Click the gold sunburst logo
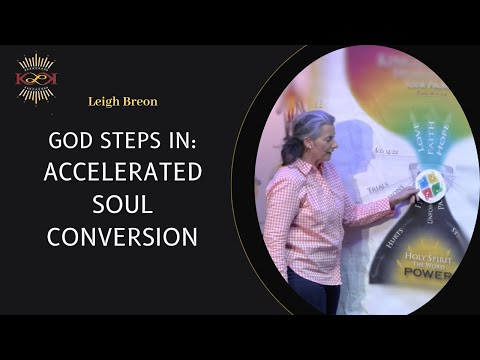tap(36, 78)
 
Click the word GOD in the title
tap(75, 142)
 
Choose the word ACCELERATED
tap(123, 172)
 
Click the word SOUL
tap(122, 205)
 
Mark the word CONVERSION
tap(122, 238)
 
